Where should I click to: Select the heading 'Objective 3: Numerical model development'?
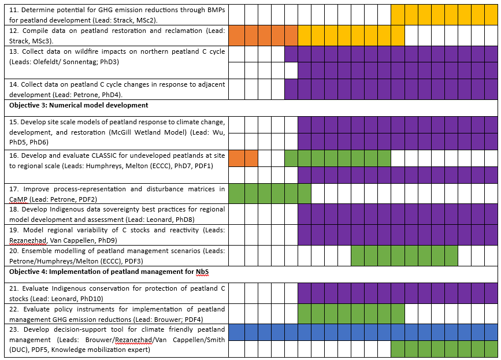click(79, 105)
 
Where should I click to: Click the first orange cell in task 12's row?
click(236, 35)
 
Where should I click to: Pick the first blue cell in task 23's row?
click(236, 332)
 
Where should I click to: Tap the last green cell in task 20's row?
click(451, 255)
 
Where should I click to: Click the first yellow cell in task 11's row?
click(398, 13)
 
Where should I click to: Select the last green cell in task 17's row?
click(304, 194)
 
